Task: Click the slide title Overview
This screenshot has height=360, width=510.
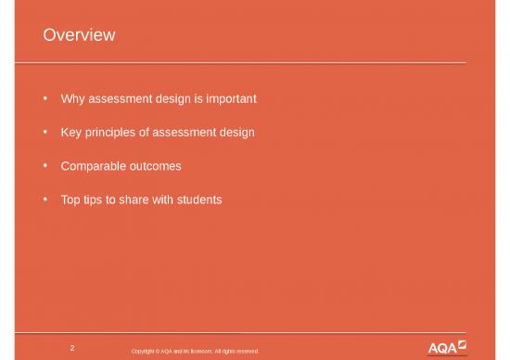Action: click(x=79, y=35)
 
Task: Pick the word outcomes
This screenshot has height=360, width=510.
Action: click(x=155, y=166)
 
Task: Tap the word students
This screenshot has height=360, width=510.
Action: click(x=198, y=199)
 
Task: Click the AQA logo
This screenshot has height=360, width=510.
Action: click(x=447, y=347)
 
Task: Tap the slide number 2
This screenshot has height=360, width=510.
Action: click(x=72, y=348)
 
